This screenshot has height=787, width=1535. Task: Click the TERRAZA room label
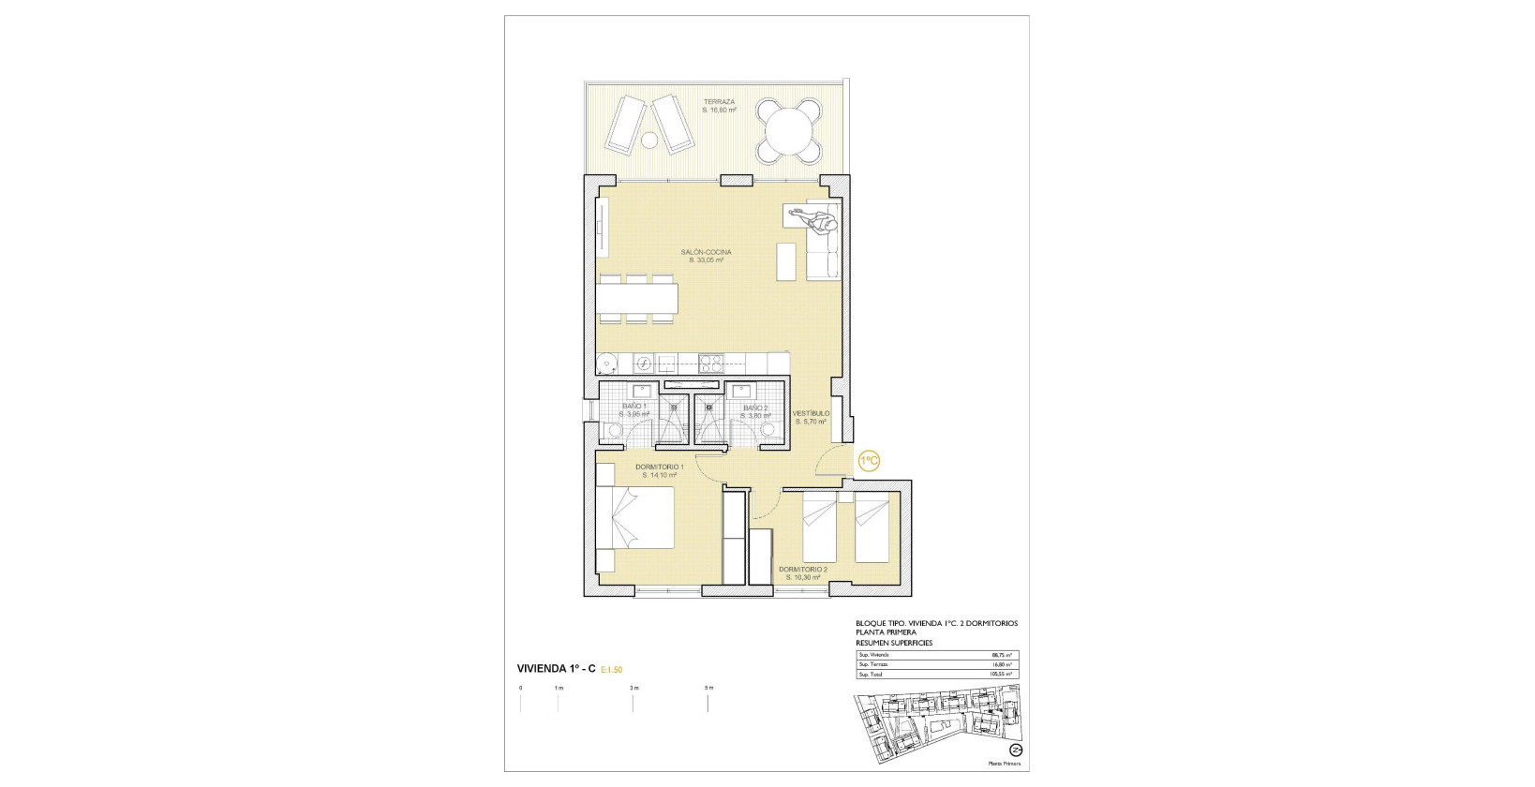[x=720, y=101]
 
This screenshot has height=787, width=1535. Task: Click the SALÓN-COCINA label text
[x=707, y=252]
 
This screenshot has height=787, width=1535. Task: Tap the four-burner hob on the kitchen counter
[x=710, y=362]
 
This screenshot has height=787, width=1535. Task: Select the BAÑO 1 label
[x=634, y=406]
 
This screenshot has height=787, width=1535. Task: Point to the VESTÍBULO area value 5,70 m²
[x=811, y=422]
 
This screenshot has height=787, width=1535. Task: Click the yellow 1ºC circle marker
[x=869, y=460]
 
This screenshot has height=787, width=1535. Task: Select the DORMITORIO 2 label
[x=803, y=569]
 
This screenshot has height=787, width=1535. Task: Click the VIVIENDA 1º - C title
[x=557, y=669]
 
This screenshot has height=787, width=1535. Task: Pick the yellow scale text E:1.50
[x=612, y=670]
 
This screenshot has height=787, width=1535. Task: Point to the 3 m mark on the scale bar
[x=633, y=689]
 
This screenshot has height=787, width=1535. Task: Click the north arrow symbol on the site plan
[x=1015, y=750]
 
